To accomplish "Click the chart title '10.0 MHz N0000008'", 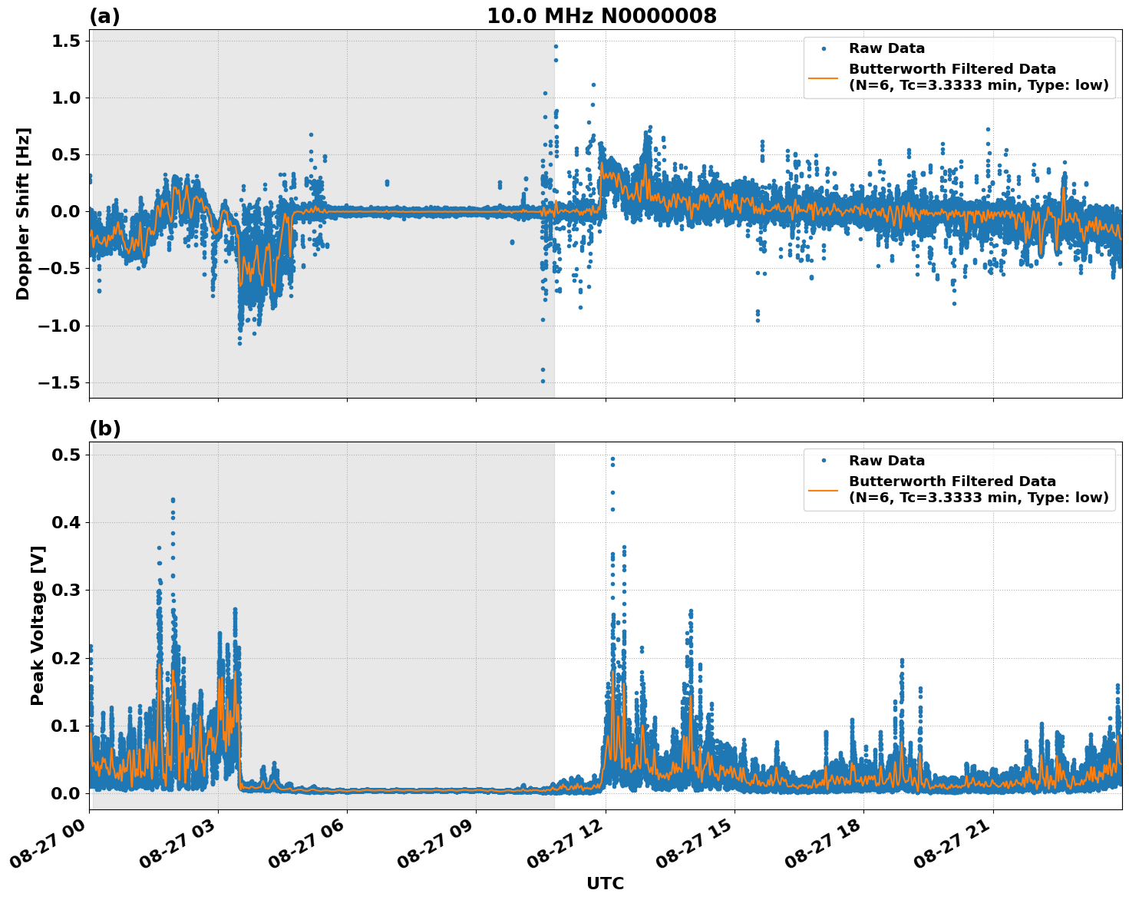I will pos(601,16).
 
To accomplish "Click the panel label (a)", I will pos(104,16).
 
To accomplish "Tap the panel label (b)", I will pos(104,428).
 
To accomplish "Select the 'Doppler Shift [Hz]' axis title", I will pos(23,213).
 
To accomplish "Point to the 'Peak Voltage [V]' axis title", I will pos(38,625).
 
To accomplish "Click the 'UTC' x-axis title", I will pos(605,883).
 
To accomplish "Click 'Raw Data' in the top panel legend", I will pos(886,49).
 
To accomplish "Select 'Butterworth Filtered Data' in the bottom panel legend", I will pos(952,481).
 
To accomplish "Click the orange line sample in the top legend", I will pos(824,78).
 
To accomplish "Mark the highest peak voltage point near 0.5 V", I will pos(612,458).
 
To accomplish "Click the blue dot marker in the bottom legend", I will pos(824,461).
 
